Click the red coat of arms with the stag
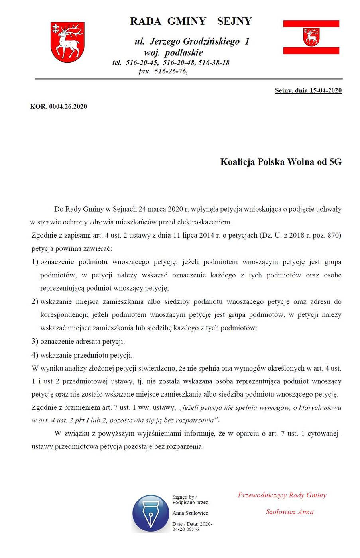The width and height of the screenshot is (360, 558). [67, 42]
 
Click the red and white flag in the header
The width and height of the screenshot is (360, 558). [311, 37]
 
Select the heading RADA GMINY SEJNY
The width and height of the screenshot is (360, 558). [191, 21]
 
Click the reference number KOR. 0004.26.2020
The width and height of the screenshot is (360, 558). [58, 106]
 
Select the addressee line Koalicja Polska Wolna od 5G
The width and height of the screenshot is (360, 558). [281, 162]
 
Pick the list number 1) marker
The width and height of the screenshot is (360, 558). [35, 262]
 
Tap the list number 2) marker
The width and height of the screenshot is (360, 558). [35, 302]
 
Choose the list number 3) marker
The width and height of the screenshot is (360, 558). [35, 342]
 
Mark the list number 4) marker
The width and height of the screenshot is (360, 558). [35, 355]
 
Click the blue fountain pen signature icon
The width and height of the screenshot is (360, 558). [151, 513]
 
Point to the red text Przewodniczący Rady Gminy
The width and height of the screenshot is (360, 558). [282, 495]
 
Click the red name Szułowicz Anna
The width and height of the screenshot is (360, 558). [289, 512]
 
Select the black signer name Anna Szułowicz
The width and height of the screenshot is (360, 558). [190, 513]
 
